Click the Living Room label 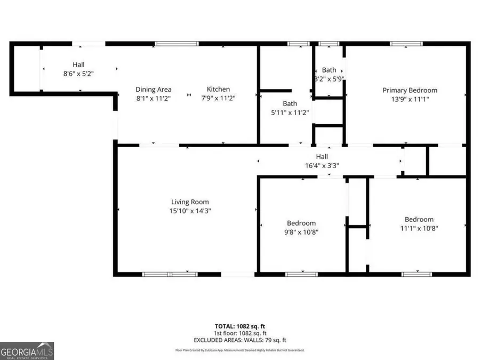point(190,202)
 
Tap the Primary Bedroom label point(410,90)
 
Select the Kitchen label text point(219,89)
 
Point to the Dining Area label point(153,89)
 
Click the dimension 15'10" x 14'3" point(190,211)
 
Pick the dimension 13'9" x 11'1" point(410,99)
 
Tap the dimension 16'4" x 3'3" point(322,165)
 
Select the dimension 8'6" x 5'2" point(78,74)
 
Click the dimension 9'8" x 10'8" point(301,232)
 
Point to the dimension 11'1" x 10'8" point(419,228)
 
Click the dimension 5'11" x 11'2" point(290,112)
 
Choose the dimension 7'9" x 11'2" point(219,98)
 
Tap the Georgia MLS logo point(27,351)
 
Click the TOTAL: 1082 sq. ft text point(240,325)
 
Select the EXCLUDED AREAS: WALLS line point(240,339)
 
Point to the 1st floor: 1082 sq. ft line point(240,332)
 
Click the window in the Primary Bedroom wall point(403,44)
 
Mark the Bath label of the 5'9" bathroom point(329,70)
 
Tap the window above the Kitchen point(177,44)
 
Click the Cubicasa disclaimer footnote point(240,350)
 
